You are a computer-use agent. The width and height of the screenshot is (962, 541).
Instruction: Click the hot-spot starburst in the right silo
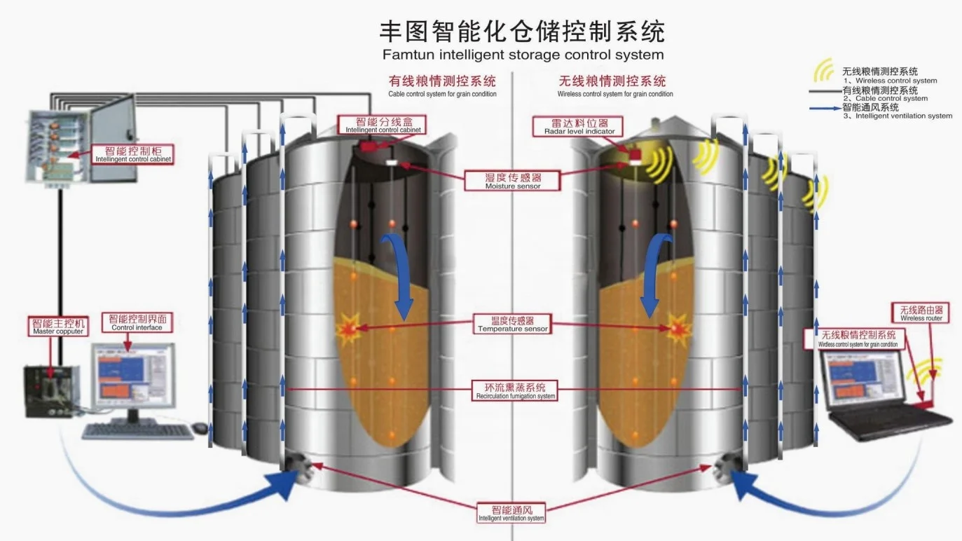[677, 329]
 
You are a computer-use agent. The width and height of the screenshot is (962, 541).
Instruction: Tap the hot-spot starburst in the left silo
[348, 329]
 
